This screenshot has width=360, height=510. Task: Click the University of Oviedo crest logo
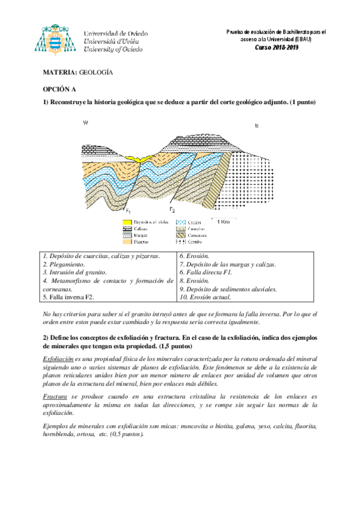pos(58,41)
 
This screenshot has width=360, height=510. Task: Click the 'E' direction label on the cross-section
pos(257,126)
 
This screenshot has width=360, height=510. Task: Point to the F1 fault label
pos(128,210)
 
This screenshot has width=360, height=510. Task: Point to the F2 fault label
pos(172,209)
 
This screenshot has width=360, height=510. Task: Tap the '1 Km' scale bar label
pos(224,221)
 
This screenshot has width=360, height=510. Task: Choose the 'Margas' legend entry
pos(141,236)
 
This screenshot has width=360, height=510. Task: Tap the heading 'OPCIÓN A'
pos(59,88)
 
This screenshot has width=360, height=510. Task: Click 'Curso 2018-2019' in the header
pos(276,47)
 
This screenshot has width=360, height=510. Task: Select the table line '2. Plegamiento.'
pos(64,264)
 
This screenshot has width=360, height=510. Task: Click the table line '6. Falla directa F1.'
pos(206,272)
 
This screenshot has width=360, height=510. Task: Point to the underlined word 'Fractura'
pos(56,398)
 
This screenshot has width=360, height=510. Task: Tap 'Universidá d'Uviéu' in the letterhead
pos(112,41)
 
